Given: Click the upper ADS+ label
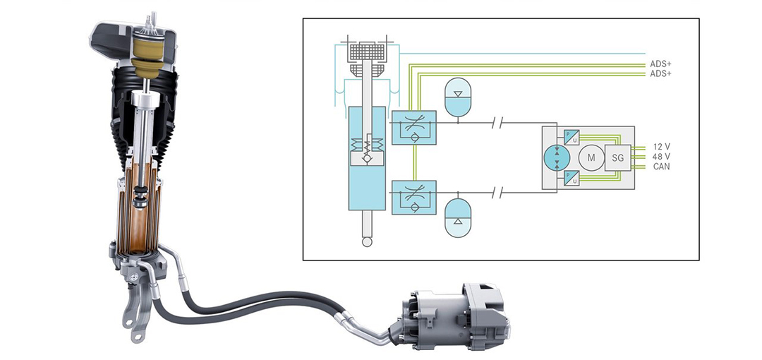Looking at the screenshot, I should (x=661, y=64).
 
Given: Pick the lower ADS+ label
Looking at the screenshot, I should (x=661, y=73).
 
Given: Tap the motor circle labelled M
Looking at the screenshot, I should (x=590, y=157).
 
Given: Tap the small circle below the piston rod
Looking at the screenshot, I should (x=365, y=242).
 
